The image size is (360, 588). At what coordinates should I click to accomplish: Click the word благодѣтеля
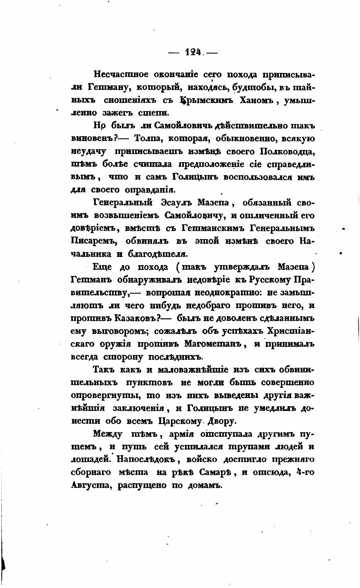tap(154, 254)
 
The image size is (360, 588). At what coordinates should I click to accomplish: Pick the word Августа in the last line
tap(91, 486)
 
